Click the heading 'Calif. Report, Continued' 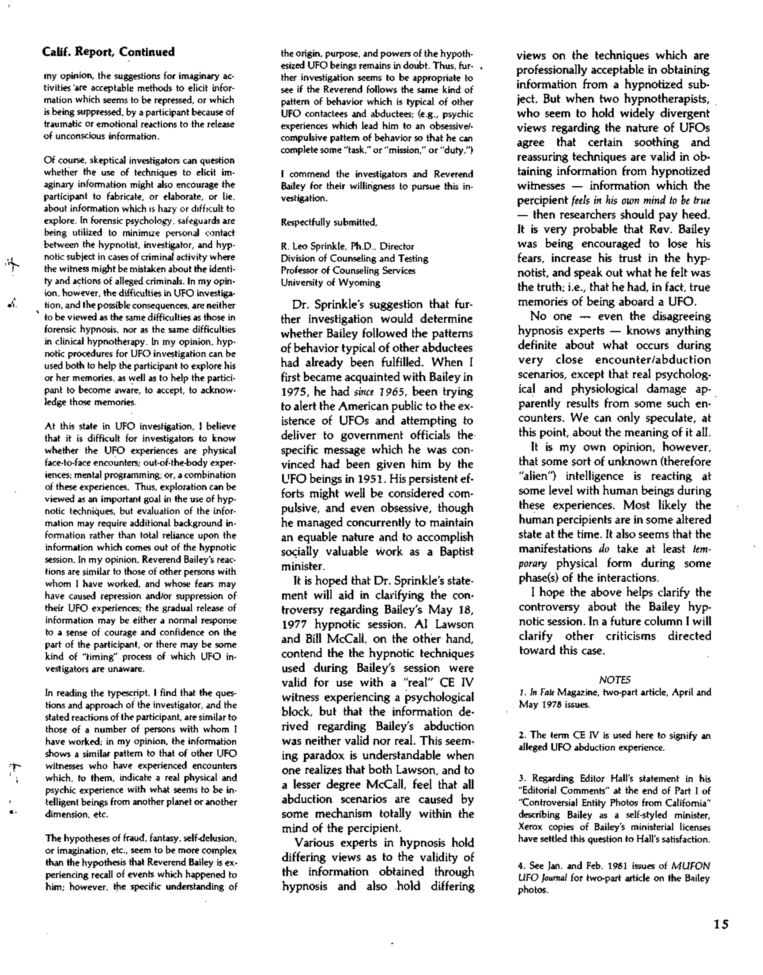pyautogui.click(x=108, y=52)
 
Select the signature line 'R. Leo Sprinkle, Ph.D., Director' pyautogui.click(x=347, y=246)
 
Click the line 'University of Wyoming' pyautogui.click(x=330, y=282)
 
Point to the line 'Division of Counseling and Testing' pyautogui.click(x=354, y=259)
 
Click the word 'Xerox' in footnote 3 pyautogui.click(x=530, y=827)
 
